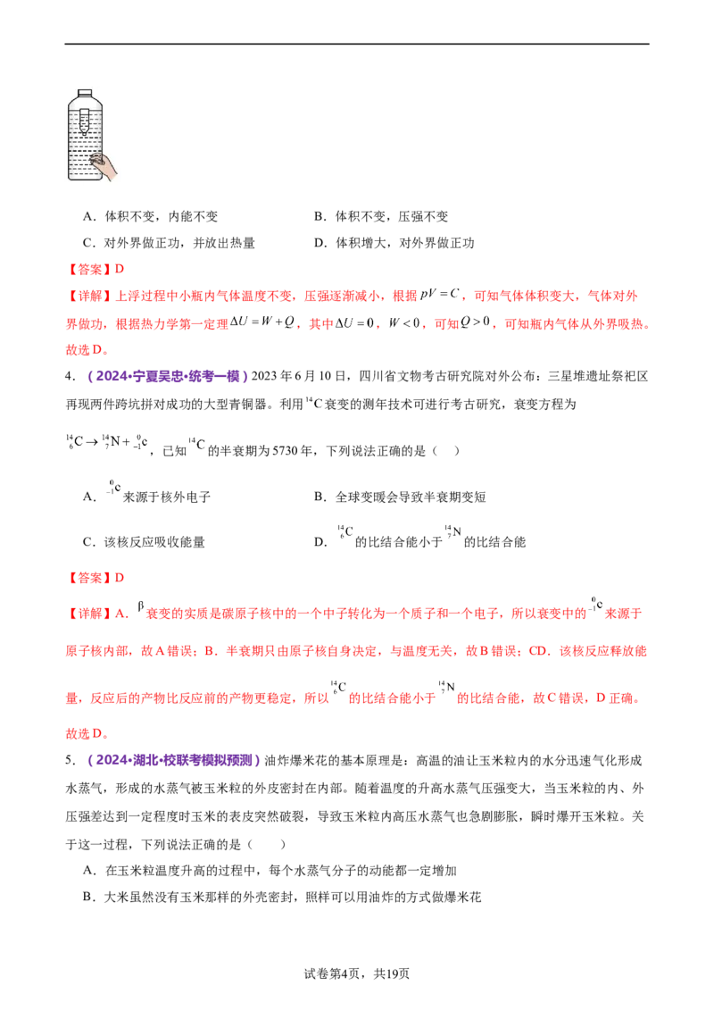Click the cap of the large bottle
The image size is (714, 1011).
click(85, 94)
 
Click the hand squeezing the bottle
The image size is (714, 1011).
click(108, 165)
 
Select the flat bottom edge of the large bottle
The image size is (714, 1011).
click(85, 180)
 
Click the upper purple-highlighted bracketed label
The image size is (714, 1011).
click(167, 377)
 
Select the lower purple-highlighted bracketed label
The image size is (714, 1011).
click(174, 761)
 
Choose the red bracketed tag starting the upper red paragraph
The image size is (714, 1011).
click(88, 295)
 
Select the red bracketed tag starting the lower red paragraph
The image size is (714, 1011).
click(88, 615)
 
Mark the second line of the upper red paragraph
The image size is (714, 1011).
click(357, 324)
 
